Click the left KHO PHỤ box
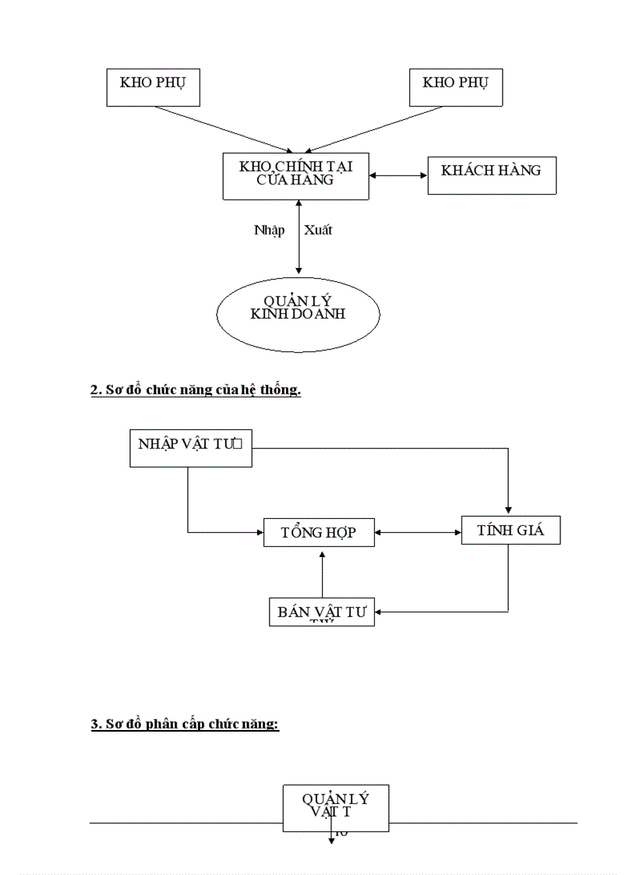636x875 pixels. pyautogui.click(x=153, y=87)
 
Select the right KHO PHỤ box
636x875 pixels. pyautogui.click(x=456, y=86)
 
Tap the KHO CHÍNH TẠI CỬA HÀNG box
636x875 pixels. pyautogui.click(x=295, y=177)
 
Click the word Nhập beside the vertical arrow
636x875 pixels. pyautogui.click(x=269, y=231)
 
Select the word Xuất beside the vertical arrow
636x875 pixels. pyautogui.click(x=318, y=231)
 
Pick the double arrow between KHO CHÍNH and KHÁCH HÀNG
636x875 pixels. pyautogui.click(x=397, y=175)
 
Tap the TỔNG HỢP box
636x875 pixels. pyautogui.click(x=319, y=532)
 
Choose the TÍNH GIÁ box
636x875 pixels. pyautogui.click(x=510, y=530)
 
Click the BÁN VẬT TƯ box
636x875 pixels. pyautogui.click(x=321, y=612)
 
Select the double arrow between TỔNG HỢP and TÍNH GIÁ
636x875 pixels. pyautogui.click(x=418, y=533)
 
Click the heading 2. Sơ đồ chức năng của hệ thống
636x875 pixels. pyautogui.click(x=196, y=390)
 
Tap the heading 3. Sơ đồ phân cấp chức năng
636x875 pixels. pyautogui.click(x=185, y=725)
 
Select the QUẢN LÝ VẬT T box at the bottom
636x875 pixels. pyautogui.click(x=335, y=807)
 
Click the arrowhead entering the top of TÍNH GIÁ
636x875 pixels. pyautogui.click(x=508, y=511)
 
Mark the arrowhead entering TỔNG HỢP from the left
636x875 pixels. pyautogui.click(x=260, y=533)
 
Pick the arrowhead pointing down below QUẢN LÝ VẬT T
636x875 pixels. pyautogui.click(x=331, y=842)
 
